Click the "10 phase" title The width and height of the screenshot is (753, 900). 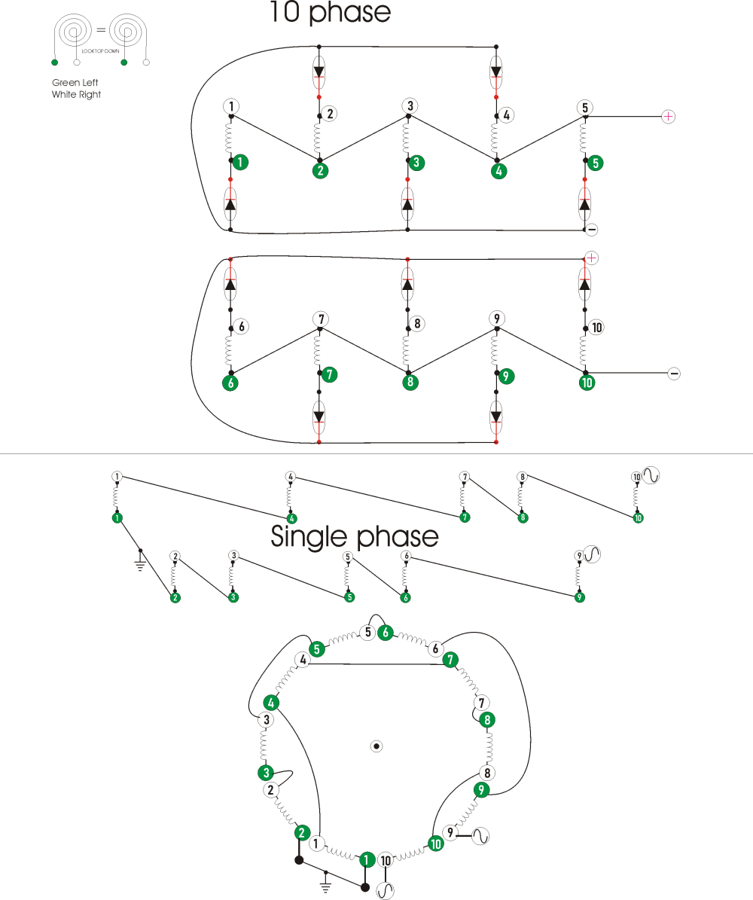(x=331, y=13)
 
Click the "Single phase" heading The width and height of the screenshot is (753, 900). (x=354, y=537)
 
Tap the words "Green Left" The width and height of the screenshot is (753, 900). (x=75, y=82)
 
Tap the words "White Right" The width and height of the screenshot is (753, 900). (x=76, y=94)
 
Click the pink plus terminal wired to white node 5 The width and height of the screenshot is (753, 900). (x=668, y=116)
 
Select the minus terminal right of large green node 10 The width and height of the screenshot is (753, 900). (x=674, y=373)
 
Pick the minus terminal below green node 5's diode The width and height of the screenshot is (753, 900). (x=592, y=229)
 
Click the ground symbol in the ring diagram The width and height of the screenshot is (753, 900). (x=325, y=878)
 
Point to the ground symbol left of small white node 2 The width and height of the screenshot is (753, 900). (x=140, y=562)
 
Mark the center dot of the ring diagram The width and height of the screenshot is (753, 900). (x=377, y=746)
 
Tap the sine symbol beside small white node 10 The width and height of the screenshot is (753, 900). (x=651, y=476)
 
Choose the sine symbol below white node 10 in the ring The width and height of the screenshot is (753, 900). (x=386, y=891)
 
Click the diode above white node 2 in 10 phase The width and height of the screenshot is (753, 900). (x=319, y=72)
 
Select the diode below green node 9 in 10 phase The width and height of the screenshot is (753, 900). (x=496, y=413)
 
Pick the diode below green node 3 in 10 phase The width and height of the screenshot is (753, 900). (x=407, y=203)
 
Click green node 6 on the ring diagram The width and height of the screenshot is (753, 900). (x=386, y=633)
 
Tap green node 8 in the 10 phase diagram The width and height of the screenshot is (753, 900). (x=409, y=382)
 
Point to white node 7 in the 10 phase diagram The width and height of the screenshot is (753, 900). (x=320, y=319)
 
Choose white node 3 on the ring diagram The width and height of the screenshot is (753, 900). (x=265, y=720)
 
